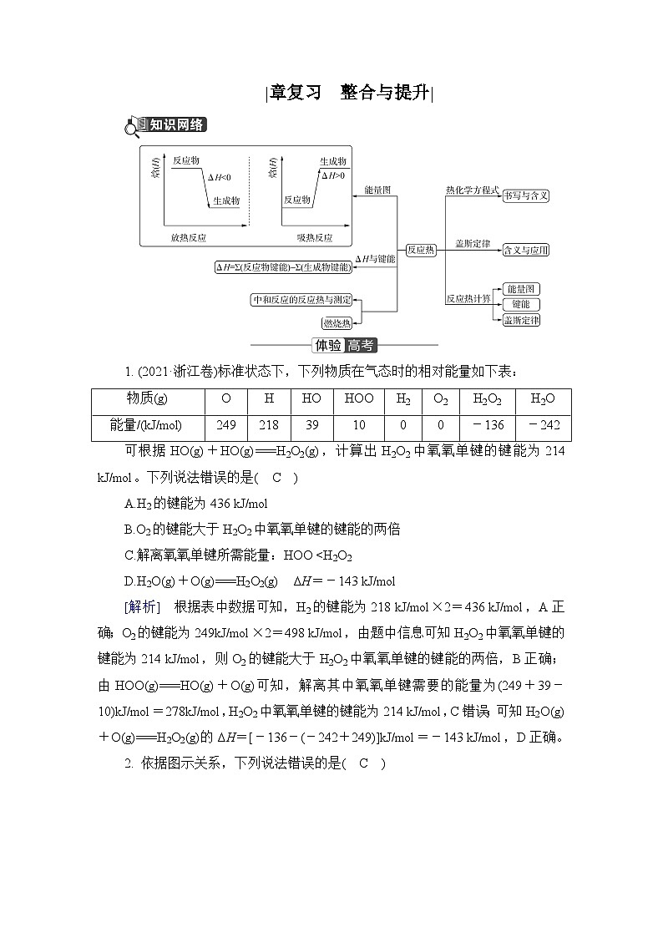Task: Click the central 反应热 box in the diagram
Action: pyautogui.click(x=420, y=250)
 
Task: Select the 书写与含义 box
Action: pyautogui.click(x=526, y=195)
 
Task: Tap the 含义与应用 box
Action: pyautogui.click(x=527, y=250)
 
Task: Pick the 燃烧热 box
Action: pyautogui.click(x=337, y=322)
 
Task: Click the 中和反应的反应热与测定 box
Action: pyautogui.click(x=301, y=299)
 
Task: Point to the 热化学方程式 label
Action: pyautogui.click(x=472, y=190)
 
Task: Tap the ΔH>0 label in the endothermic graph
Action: pyautogui.click(x=333, y=176)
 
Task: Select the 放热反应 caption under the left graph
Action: pyautogui.click(x=189, y=238)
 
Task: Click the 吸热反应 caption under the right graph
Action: pyautogui.click(x=314, y=238)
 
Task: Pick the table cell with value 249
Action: pyautogui.click(x=225, y=425)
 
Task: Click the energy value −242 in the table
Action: pyautogui.click(x=543, y=425)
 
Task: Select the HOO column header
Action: pyautogui.click(x=359, y=399)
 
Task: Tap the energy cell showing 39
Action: pyautogui.click(x=311, y=425)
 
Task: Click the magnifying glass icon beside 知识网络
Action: pyautogui.click(x=133, y=128)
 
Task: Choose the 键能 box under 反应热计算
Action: pyautogui.click(x=520, y=304)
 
